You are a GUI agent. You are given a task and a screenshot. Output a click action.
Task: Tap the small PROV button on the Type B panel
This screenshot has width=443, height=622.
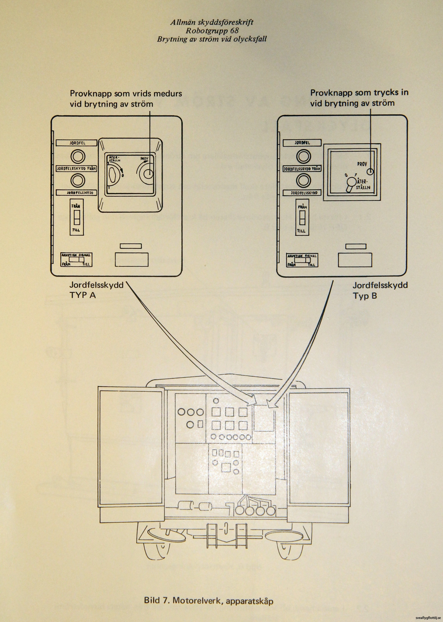click(x=370, y=172)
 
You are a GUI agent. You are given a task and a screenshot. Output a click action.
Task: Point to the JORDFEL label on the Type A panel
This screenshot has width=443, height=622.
click(x=77, y=143)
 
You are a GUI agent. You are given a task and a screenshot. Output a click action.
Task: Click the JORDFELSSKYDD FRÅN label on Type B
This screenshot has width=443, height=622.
click(x=302, y=169)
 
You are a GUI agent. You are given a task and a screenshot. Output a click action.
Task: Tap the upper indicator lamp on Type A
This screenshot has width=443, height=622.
click(x=78, y=157)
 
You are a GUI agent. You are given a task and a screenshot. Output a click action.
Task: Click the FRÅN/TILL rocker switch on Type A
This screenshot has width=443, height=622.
click(x=77, y=217)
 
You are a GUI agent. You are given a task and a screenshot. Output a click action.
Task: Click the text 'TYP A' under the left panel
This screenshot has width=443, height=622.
click(x=83, y=295)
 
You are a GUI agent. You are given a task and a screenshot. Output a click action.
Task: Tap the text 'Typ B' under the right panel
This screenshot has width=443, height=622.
click(x=365, y=296)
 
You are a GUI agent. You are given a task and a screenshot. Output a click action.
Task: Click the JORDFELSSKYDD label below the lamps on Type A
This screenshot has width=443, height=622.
click(x=77, y=193)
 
